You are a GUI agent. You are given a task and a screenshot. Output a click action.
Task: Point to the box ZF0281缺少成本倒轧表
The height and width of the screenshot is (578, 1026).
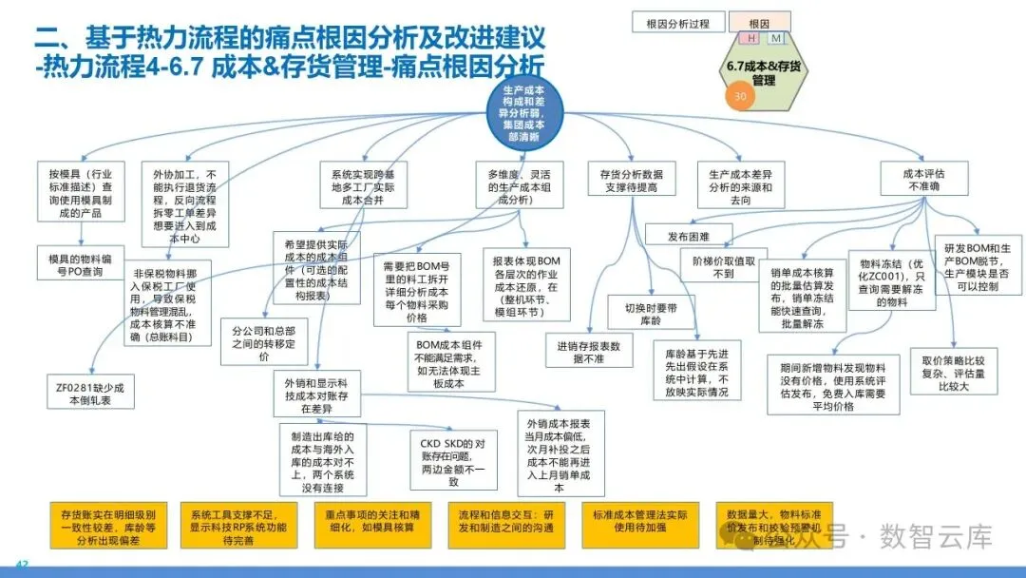(x=92, y=391)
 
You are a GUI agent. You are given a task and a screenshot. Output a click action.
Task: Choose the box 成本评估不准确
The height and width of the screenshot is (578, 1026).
(x=922, y=180)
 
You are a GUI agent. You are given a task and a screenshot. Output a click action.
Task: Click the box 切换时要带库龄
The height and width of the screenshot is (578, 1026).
(x=649, y=313)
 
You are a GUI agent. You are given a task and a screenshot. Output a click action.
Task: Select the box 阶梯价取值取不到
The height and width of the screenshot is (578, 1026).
(x=723, y=267)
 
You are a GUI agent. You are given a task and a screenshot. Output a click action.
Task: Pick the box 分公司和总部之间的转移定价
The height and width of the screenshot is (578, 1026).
(x=264, y=343)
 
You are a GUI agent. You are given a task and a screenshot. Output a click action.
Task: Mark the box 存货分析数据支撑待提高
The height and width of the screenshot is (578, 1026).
(x=632, y=182)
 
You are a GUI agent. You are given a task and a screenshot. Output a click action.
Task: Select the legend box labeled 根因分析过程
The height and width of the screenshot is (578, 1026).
(x=677, y=23)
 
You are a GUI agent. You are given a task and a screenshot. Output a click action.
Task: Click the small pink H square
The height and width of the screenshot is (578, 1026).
(x=752, y=38)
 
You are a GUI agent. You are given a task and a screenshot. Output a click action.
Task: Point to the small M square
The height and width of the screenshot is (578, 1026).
(x=776, y=38)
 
